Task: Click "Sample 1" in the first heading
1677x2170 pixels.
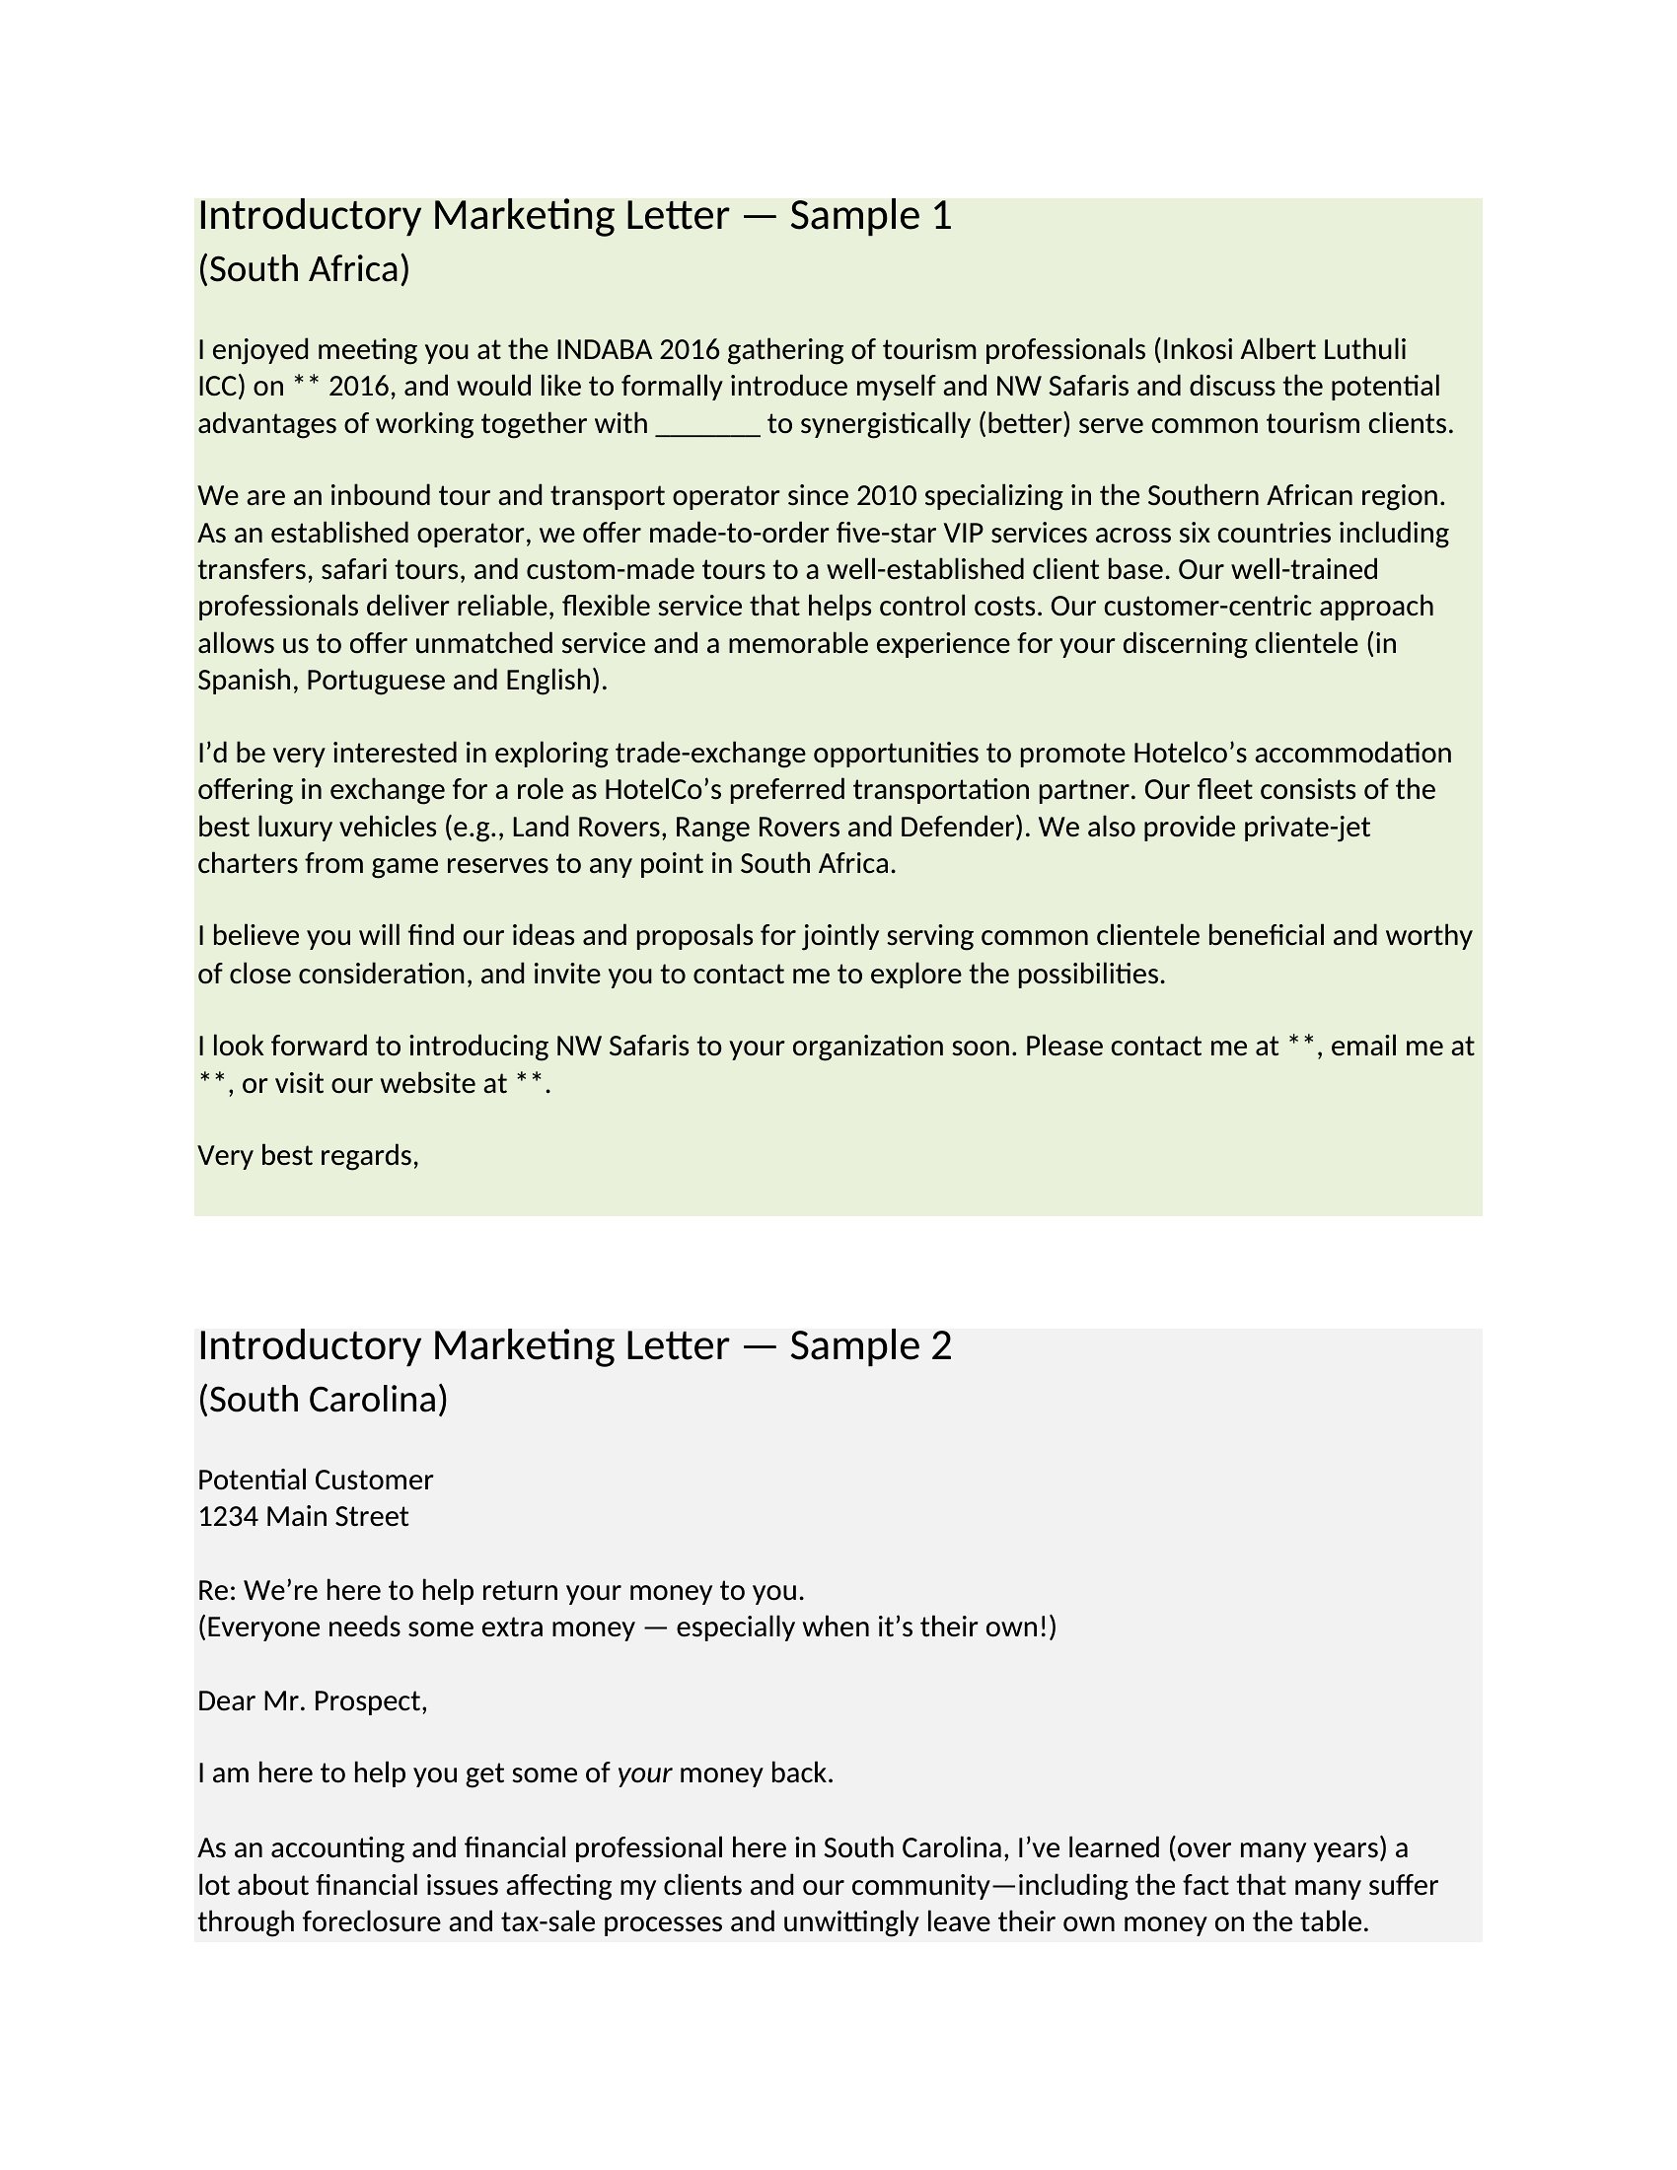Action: pyautogui.click(x=870, y=216)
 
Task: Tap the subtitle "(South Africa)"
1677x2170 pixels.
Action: pyautogui.click(x=304, y=269)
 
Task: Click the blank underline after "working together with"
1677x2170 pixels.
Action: pyautogui.click(x=708, y=425)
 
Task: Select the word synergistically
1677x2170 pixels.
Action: pyautogui.click(x=885, y=424)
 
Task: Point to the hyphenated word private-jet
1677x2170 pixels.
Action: pyautogui.click(x=1310, y=828)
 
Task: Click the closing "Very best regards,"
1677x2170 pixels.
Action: pyautogui.click(x=308, y=1156)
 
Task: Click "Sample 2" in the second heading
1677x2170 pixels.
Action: pyautogui.click(x=870, y=1345)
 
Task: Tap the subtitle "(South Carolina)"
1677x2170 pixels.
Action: pyautogui.click(x=323, y=1399)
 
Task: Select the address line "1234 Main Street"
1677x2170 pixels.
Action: pyautogui.click(x=303, y=1516)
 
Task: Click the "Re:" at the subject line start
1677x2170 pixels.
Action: pyautogui.click(x=217, y=1591)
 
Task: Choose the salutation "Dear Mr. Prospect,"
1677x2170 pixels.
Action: pyautogui.click(x=312, y=1701)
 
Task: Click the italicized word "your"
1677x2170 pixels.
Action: pyautogui.click(x=645, y=1773)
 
